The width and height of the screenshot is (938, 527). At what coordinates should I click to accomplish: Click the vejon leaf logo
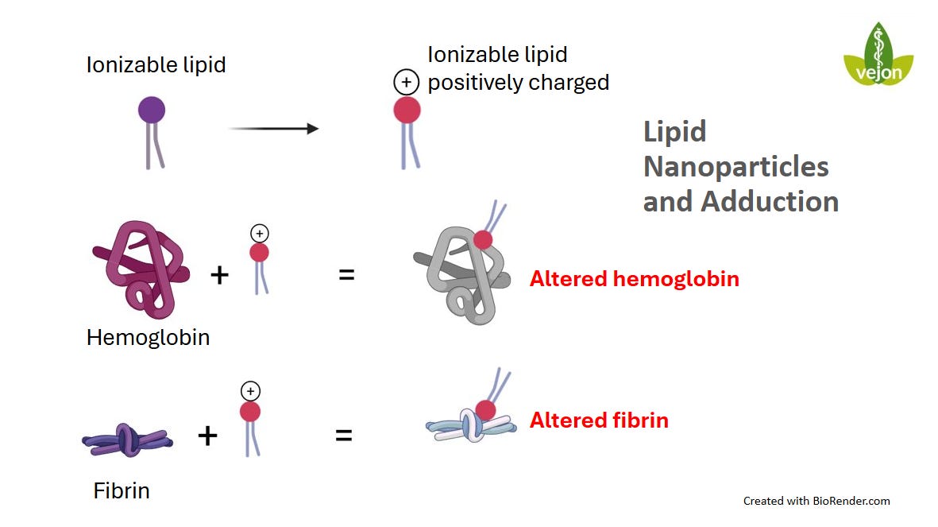(878, 56)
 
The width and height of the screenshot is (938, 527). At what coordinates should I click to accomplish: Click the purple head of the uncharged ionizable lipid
(152, 109)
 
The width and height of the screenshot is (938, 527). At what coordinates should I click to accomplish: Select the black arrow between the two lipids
(273, 128)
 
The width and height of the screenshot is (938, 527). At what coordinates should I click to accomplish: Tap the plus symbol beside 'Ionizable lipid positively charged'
(407, 83)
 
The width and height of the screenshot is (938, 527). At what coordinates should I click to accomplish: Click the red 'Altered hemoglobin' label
(634, 279)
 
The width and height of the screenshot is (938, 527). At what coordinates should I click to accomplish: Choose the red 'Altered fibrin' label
(599, 420)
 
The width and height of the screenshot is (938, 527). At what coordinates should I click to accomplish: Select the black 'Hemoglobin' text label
(148, 337)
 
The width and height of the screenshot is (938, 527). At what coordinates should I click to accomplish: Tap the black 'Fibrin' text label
(122, 490)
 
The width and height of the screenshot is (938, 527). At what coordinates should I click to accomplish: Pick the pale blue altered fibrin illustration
(469, 426)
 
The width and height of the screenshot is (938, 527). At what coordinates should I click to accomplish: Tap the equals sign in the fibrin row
(343, 436)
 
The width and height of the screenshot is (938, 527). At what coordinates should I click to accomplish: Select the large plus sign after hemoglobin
(219, 276)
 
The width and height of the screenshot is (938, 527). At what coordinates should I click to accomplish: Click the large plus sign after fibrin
(207, 436)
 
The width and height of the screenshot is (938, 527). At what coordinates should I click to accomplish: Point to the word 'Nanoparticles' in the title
(735, 166)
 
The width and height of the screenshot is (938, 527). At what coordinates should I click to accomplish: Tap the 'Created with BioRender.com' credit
(816, 501)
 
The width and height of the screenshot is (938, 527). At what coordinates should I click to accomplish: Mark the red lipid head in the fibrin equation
(249, 411)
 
